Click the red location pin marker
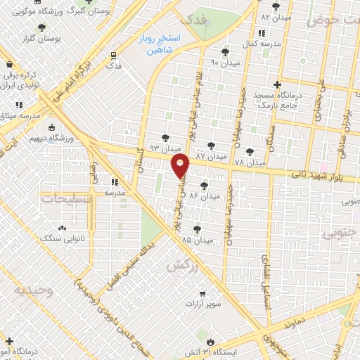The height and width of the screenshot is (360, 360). pos(181,165)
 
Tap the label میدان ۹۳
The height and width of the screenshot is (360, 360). pos(167,149)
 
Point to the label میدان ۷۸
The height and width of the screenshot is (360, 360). pos(250,162)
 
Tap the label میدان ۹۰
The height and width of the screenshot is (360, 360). pos(225,63)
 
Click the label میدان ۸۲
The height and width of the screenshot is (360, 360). pos(275,15)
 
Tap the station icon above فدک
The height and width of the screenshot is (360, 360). pos(112,54)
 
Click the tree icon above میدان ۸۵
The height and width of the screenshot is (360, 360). pos(197,229)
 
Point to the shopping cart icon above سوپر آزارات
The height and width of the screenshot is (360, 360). pos(203,292)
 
